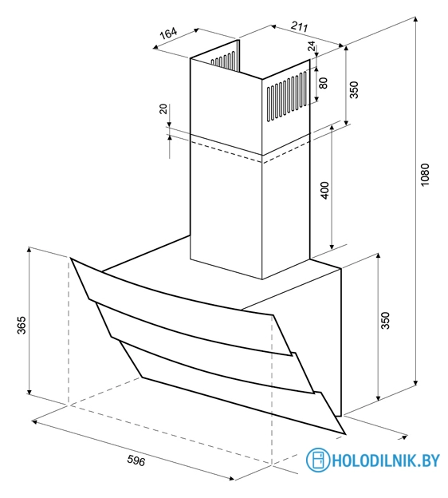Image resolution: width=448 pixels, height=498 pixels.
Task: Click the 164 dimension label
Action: coord(168,33)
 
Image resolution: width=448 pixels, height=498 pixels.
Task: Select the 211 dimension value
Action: coord(299,26)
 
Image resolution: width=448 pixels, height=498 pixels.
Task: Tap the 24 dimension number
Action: coord(312,46)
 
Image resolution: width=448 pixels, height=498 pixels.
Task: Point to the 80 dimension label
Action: coord(323,83)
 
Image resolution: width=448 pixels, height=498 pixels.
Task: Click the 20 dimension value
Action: coord(163,109)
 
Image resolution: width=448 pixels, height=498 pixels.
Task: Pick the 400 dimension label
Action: coord(325,190)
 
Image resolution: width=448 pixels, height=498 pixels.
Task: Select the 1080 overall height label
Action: coord(425,175)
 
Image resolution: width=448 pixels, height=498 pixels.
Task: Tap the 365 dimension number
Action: coord(22,325)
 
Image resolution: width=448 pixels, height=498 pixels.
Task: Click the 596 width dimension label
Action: coord(136,460)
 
